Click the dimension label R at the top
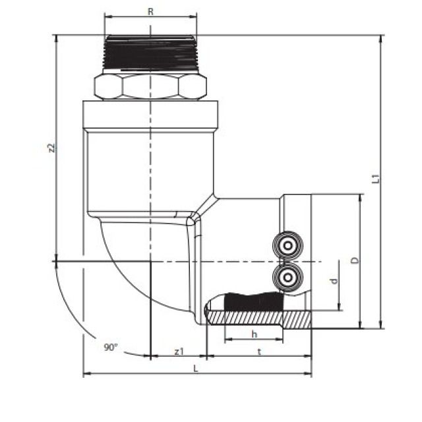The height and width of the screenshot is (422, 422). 150,11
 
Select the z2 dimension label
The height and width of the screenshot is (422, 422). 51,148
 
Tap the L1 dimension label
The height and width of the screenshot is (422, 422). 375,179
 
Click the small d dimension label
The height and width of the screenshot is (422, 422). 334,282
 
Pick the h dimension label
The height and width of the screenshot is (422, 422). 255,334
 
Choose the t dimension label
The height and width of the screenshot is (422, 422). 259,351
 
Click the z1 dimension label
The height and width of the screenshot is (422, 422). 179,351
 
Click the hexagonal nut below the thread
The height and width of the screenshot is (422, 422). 150,86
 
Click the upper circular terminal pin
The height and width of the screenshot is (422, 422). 288,246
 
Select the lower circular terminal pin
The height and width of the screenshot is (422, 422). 288,277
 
